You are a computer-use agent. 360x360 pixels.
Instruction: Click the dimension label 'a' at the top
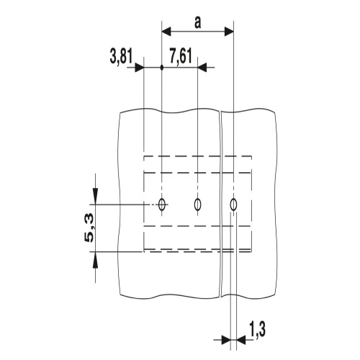coord(197,24)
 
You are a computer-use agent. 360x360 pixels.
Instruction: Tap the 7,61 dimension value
coord(181,57)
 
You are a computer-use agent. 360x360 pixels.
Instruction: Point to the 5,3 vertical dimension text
coord(89,230)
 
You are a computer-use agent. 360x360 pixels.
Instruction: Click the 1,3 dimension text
coord(258,330)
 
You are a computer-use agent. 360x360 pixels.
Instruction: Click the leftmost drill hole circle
coord(162,204)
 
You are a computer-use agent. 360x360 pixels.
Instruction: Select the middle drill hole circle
coord(197,204)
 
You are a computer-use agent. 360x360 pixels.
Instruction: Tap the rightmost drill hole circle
coord(233,204)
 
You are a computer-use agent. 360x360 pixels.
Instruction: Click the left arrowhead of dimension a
coord(166,31)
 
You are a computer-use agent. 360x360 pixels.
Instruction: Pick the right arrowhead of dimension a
coord(229,31)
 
